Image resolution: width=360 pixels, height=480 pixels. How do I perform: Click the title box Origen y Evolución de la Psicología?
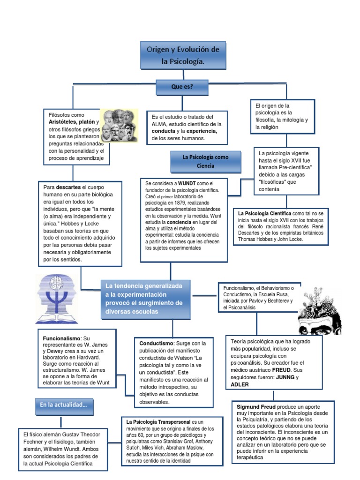point(183,55)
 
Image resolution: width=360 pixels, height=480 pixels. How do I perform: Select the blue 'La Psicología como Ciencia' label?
point(206,162)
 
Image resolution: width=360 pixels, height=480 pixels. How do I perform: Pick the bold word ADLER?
point(240,384)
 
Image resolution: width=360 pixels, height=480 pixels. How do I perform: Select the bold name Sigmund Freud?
point(256,406)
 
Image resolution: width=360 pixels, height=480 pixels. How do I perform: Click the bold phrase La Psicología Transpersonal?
point(158,422)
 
